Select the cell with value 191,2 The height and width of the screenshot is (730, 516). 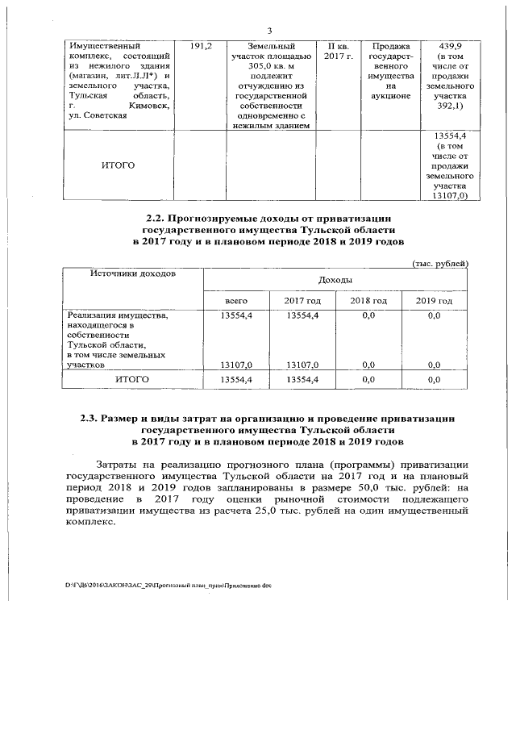click(201, 47)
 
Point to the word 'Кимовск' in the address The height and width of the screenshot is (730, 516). click(148, 106)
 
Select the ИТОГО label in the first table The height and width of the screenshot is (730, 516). click(118, 165)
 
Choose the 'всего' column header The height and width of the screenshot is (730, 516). click(236, 300)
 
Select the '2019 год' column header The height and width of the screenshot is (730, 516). click(434, 300)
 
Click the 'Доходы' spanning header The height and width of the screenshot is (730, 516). click(335, 280)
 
